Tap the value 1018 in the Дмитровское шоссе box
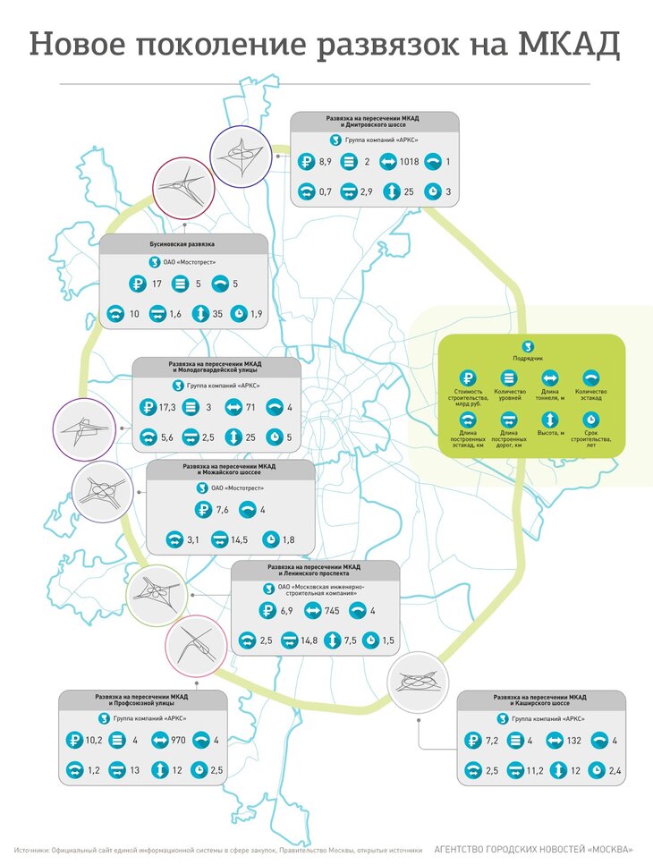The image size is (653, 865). [x=411, y=162]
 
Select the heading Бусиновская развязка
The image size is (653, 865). [x=182, y=243]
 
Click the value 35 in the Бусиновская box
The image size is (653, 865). [x=217, y=314]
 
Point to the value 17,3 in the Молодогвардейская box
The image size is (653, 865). [x=165, y=408]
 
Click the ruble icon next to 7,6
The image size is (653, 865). [x=203, y=511]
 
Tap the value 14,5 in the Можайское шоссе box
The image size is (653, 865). [x=239, y=540]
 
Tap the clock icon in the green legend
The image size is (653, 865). [x=591, y=420]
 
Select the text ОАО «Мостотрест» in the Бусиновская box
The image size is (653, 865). [x=189, y=262]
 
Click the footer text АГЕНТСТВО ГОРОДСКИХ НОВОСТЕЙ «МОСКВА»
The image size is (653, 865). [x=533, y=849]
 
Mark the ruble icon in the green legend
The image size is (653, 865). [x=468, y=378]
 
